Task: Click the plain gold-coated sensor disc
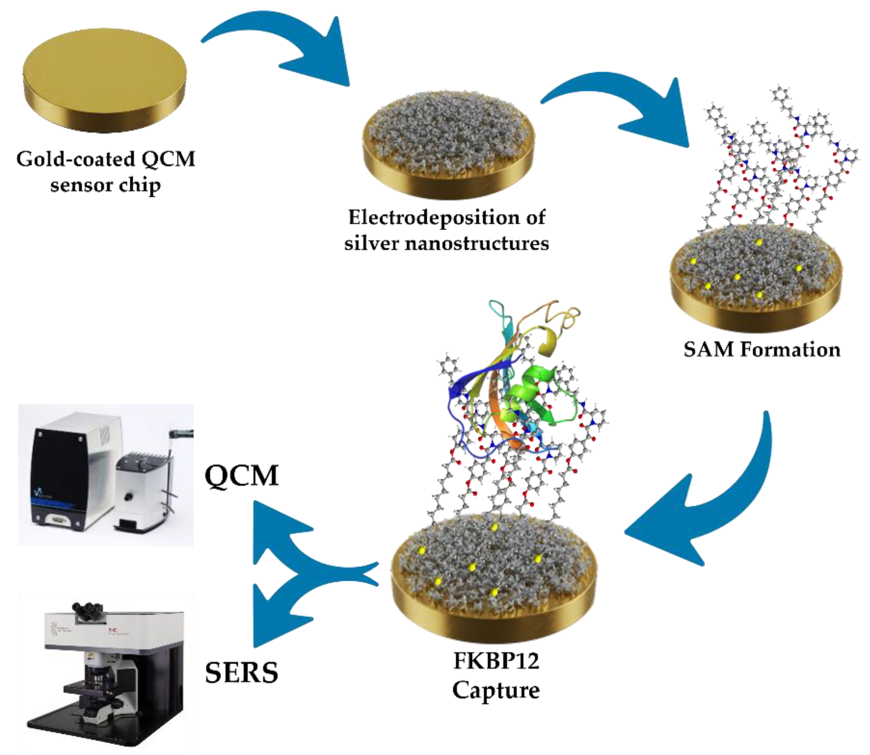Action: click(105, 80)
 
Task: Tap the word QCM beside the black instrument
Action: click(241, 476)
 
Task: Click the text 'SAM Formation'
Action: click(761, 349)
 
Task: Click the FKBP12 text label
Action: click(496, 661)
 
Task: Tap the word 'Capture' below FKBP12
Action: click(496, 690)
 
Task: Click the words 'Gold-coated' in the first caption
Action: click(75, 159)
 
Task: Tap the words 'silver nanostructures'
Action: click(446, 244)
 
